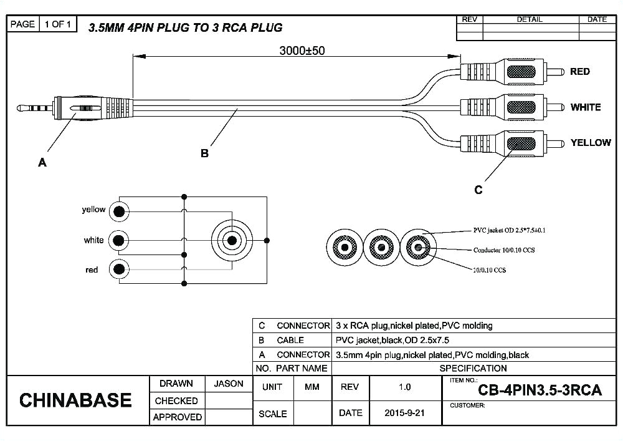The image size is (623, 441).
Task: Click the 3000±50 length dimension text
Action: coord(301,51)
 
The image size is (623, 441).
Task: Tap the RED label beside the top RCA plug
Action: coord(579,72)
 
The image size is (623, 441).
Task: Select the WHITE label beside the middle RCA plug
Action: coord(585,107)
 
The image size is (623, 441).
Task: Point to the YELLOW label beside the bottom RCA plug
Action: coord(590,143)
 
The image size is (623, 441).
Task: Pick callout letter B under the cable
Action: coord(204,153)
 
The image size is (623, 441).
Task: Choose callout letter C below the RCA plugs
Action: coord(478,190)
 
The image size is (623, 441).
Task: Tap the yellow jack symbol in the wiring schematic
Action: coord(118,211)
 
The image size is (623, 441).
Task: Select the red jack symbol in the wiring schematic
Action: coord(118,269)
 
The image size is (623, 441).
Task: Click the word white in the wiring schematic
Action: coord(94,240)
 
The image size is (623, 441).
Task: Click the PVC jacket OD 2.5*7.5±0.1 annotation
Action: coord(510,230)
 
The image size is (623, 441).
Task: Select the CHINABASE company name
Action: coord(75,400)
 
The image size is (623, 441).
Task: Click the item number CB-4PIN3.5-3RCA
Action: coord(540,390)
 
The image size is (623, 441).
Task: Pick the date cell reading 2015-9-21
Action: coord(405,413)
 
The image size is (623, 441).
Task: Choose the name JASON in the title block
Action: coord(229,384)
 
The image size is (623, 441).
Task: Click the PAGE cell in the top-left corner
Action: coord(23,24)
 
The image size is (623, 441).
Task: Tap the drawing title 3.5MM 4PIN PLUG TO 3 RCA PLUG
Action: coord(185,27)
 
